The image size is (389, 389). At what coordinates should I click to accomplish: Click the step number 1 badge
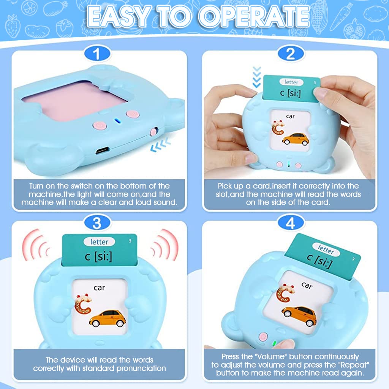coord(97,54)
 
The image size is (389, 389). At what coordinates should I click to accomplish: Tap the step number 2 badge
coord(291,54)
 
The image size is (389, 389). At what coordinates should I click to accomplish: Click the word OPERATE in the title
coord(254,16)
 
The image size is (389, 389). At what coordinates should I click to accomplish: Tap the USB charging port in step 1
coord(103,150)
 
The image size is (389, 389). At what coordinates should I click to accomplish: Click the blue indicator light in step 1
coord(117,121)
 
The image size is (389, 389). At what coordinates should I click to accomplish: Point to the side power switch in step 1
coord(154,131)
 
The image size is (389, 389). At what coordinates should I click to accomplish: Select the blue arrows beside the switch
coord(161,145)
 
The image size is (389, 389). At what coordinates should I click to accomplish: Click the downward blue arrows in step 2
coord(257,77)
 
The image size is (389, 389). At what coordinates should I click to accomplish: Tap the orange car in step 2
coord(296,139)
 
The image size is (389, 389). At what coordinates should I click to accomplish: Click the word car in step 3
coord(99,288)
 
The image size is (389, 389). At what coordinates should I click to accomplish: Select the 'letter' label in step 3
coord(99,242)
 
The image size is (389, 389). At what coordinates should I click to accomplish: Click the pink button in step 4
coord(263,337)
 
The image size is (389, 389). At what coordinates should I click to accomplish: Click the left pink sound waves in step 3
coord(36,245)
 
